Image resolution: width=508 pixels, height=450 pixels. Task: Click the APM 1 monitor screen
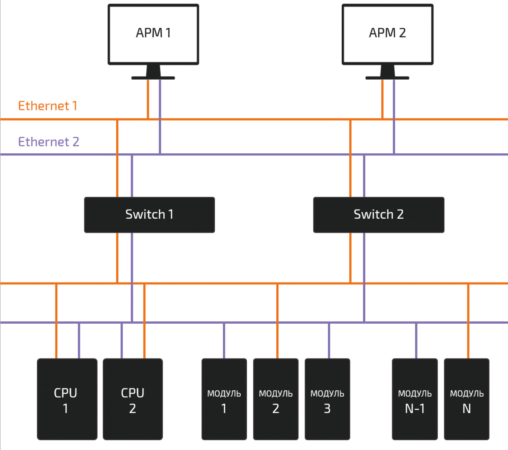[x=153, y=34]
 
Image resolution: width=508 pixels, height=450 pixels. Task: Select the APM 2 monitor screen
[x=387, y=34]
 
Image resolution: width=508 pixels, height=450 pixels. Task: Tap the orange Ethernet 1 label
[x=48, y=106]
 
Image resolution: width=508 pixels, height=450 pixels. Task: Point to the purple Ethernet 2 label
[x=49, y=142]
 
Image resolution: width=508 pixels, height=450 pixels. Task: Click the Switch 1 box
[x=149, y=215]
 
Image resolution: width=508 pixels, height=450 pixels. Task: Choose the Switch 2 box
[x=378, y=215]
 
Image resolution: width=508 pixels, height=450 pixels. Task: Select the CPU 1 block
[x=67, y=400]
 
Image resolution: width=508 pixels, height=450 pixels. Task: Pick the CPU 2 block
[x=133, y=400]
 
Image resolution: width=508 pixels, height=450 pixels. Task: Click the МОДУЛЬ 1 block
[x=224, y=400]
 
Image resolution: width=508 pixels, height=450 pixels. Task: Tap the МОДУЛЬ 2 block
[x=276, y=400]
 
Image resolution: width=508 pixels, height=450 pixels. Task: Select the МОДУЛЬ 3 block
[x=327, y=400]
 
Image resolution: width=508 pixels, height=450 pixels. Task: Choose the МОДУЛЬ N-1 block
[x=415, y=400]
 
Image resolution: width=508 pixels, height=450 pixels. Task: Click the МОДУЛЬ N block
[x=467, y=400]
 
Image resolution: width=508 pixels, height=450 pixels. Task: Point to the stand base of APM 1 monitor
[x=153, y=78]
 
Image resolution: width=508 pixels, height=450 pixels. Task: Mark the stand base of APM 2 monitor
[x=387, y=78]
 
